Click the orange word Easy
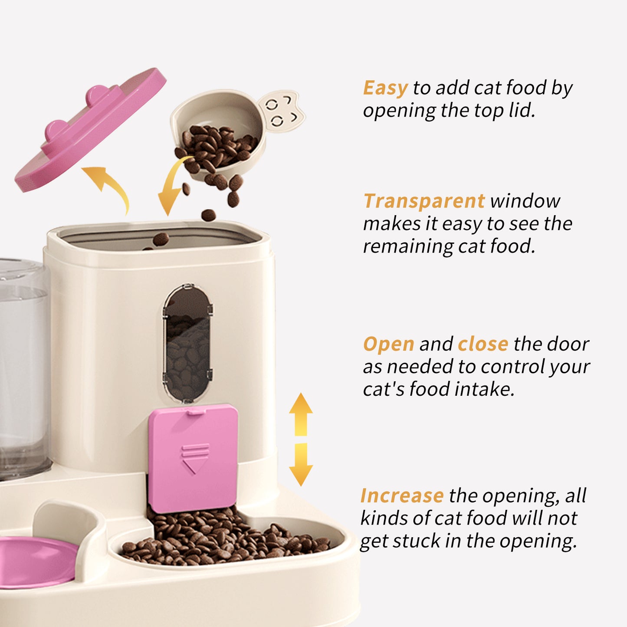point(385,88)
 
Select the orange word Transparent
point(424,201)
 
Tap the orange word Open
point(389,345)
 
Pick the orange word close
point(483,345)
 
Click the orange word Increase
point(402,496)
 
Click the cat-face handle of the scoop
point(281,110)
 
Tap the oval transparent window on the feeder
point(187,343)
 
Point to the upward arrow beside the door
point(301,414)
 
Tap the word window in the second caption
point(525,201)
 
